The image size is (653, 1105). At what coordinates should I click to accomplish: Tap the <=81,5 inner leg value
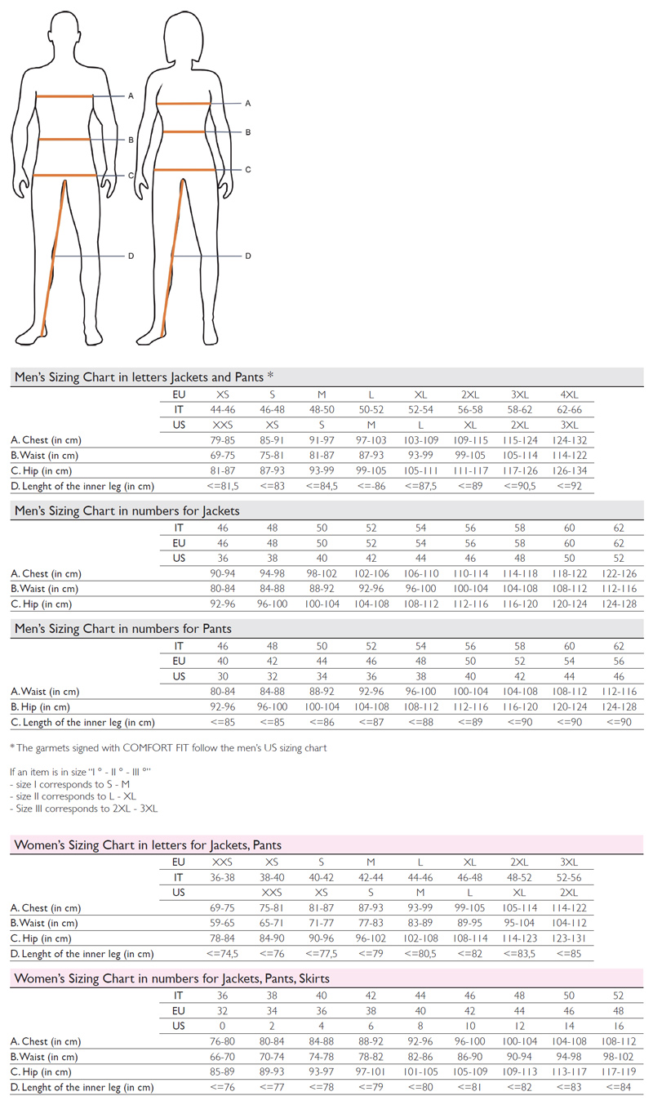pyautogui.click(x=222, y=486)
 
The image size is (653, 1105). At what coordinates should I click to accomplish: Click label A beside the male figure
pyautogui.click(x=131, y=96)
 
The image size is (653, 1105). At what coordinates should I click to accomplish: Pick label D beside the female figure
pyautogui.click(x=248, y=256)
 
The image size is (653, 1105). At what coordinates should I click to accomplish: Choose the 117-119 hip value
pyautogui.click(x=618, y=1072)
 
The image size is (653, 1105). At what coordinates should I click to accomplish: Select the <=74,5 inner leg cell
pyautogui.click(x=222, y=953)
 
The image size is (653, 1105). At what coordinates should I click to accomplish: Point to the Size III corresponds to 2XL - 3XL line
pyautogui.click(x=84, y=809)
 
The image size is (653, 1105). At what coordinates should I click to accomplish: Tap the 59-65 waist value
pyautogui.click(x=222, y=923)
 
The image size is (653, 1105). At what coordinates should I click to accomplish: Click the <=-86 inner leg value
pyautogui.click(x=371, y=486)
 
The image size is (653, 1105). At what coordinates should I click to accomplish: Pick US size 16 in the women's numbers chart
pyautogui.click(x=618, y=1026)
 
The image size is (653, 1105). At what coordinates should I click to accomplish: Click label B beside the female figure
pyautogui.click(x=248, y=131)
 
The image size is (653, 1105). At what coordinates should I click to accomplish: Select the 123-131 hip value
pyautogui.click(x=569, y=938)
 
